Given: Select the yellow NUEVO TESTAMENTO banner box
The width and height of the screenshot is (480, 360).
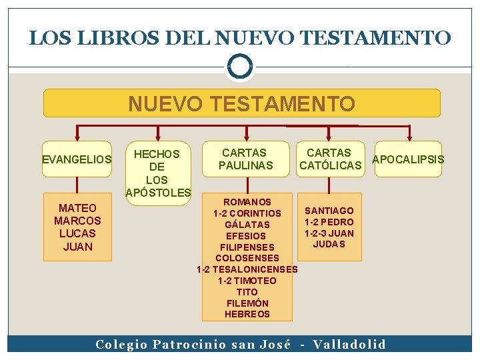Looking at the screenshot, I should (x=241, y=103).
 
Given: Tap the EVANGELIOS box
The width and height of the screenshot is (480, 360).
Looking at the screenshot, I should (x=76, y=159).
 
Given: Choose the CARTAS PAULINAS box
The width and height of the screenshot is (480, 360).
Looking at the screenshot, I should (x=246, y=159).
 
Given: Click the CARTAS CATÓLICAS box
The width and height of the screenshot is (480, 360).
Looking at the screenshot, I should (x=331, y=159).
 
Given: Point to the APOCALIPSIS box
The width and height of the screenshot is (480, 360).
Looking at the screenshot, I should (x=408, y=159).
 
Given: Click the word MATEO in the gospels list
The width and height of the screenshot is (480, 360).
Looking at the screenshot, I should (x=77, y=208).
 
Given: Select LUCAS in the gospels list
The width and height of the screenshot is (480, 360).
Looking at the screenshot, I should (x=77, y=233).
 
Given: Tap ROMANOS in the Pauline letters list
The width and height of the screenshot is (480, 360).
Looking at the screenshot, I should (x=247, y=202).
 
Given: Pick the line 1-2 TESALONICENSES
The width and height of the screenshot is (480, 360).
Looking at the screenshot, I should (x=247, y=269).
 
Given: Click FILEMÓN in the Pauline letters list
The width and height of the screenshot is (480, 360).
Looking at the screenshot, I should (x=247, y=303).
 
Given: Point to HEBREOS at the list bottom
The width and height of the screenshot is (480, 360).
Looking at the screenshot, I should (x=247, y=314).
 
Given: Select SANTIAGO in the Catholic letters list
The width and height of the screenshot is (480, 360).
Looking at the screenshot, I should (x=329, y=211).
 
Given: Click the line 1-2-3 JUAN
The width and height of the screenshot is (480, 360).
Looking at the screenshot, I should (x=329, y=233).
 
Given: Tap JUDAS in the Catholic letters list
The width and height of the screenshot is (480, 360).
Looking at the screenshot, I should (x=329, y=244).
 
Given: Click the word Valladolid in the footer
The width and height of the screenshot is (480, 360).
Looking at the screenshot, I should (x=349, y=345).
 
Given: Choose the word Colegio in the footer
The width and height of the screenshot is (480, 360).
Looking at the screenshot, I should (x=121, y=345).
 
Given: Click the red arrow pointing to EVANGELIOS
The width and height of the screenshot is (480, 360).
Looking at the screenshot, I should (x=76, y=133).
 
